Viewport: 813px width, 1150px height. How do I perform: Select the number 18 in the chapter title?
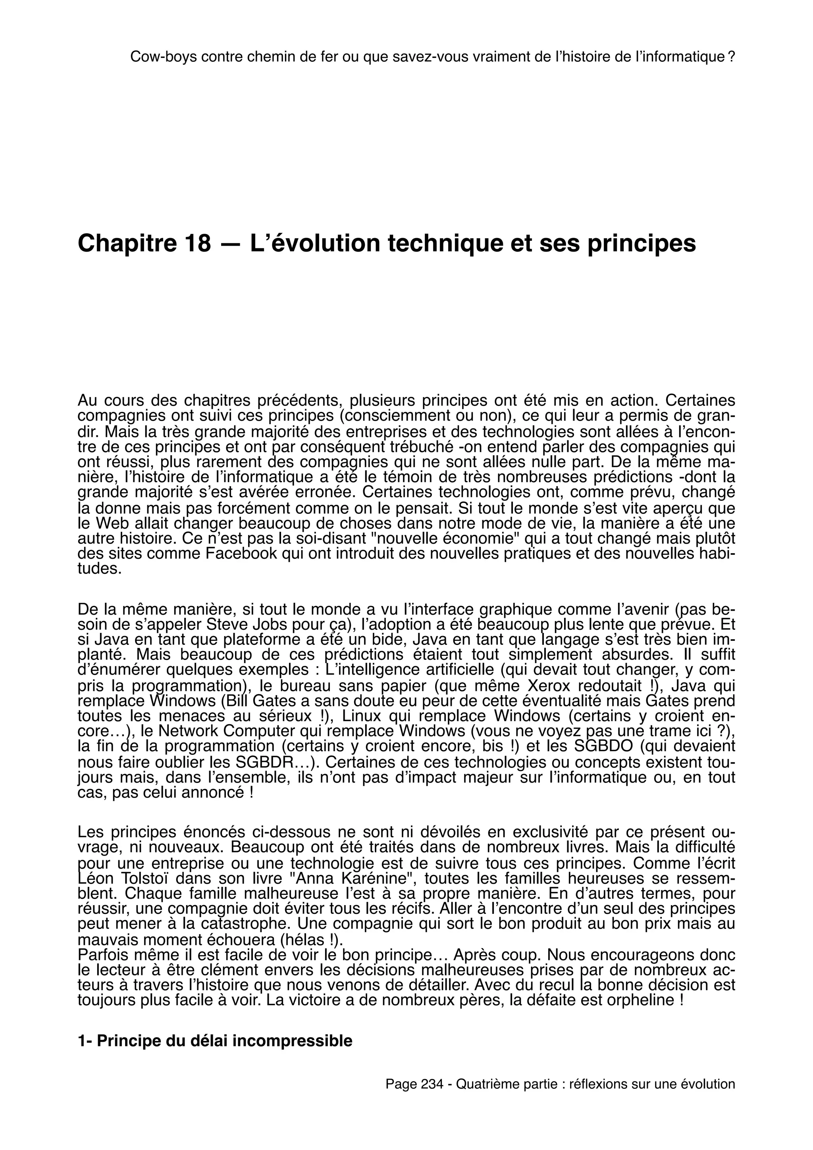[x=198, y=243]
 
